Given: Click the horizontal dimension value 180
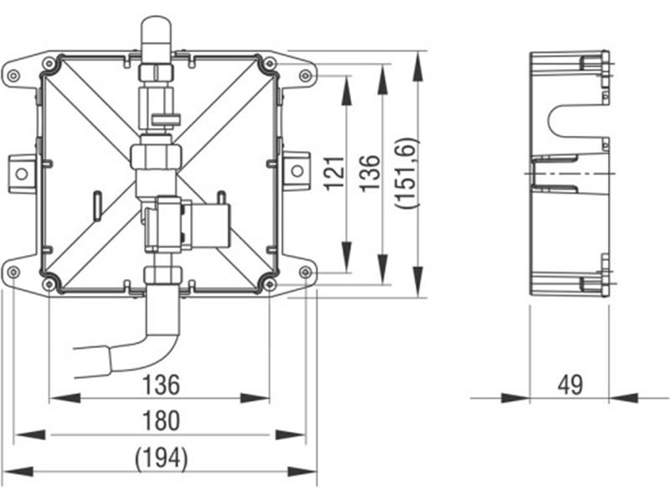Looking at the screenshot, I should tap(161, 421).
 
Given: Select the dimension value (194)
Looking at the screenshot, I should tap(161, 459).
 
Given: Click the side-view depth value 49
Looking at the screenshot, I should tap(570, 385).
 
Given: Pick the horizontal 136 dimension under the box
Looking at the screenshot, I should tap(161, 385).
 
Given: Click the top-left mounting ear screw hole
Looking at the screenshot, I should tap(13, 76).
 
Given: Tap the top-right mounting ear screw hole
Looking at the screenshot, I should tap(305, 76).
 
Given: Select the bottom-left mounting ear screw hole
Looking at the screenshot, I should tap(13, 272).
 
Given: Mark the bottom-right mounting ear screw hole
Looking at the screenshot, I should tap(305, 272).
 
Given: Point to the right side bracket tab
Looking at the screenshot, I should tap(296, 172).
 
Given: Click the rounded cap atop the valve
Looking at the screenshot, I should tap(157, 35).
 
